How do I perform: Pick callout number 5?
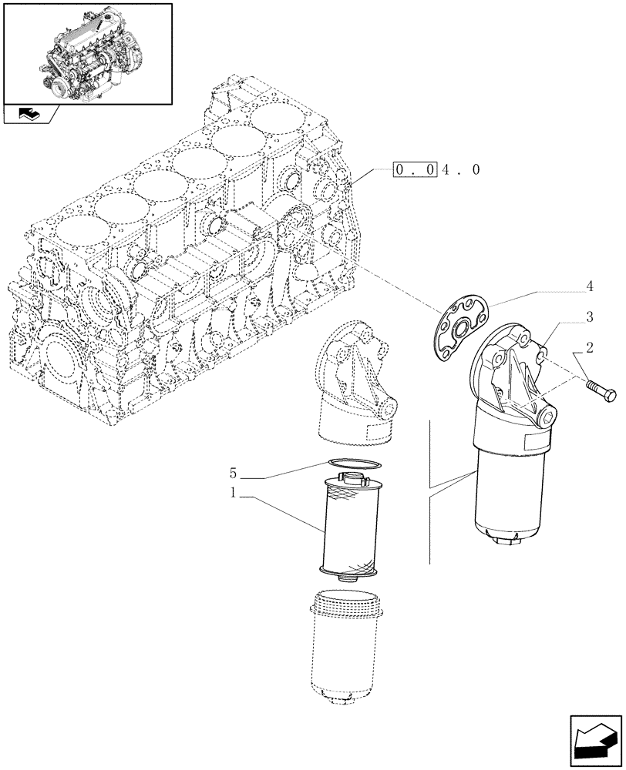[233, 472]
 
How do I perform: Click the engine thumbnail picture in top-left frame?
[87, 52]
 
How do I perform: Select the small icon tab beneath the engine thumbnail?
[31, 115]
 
